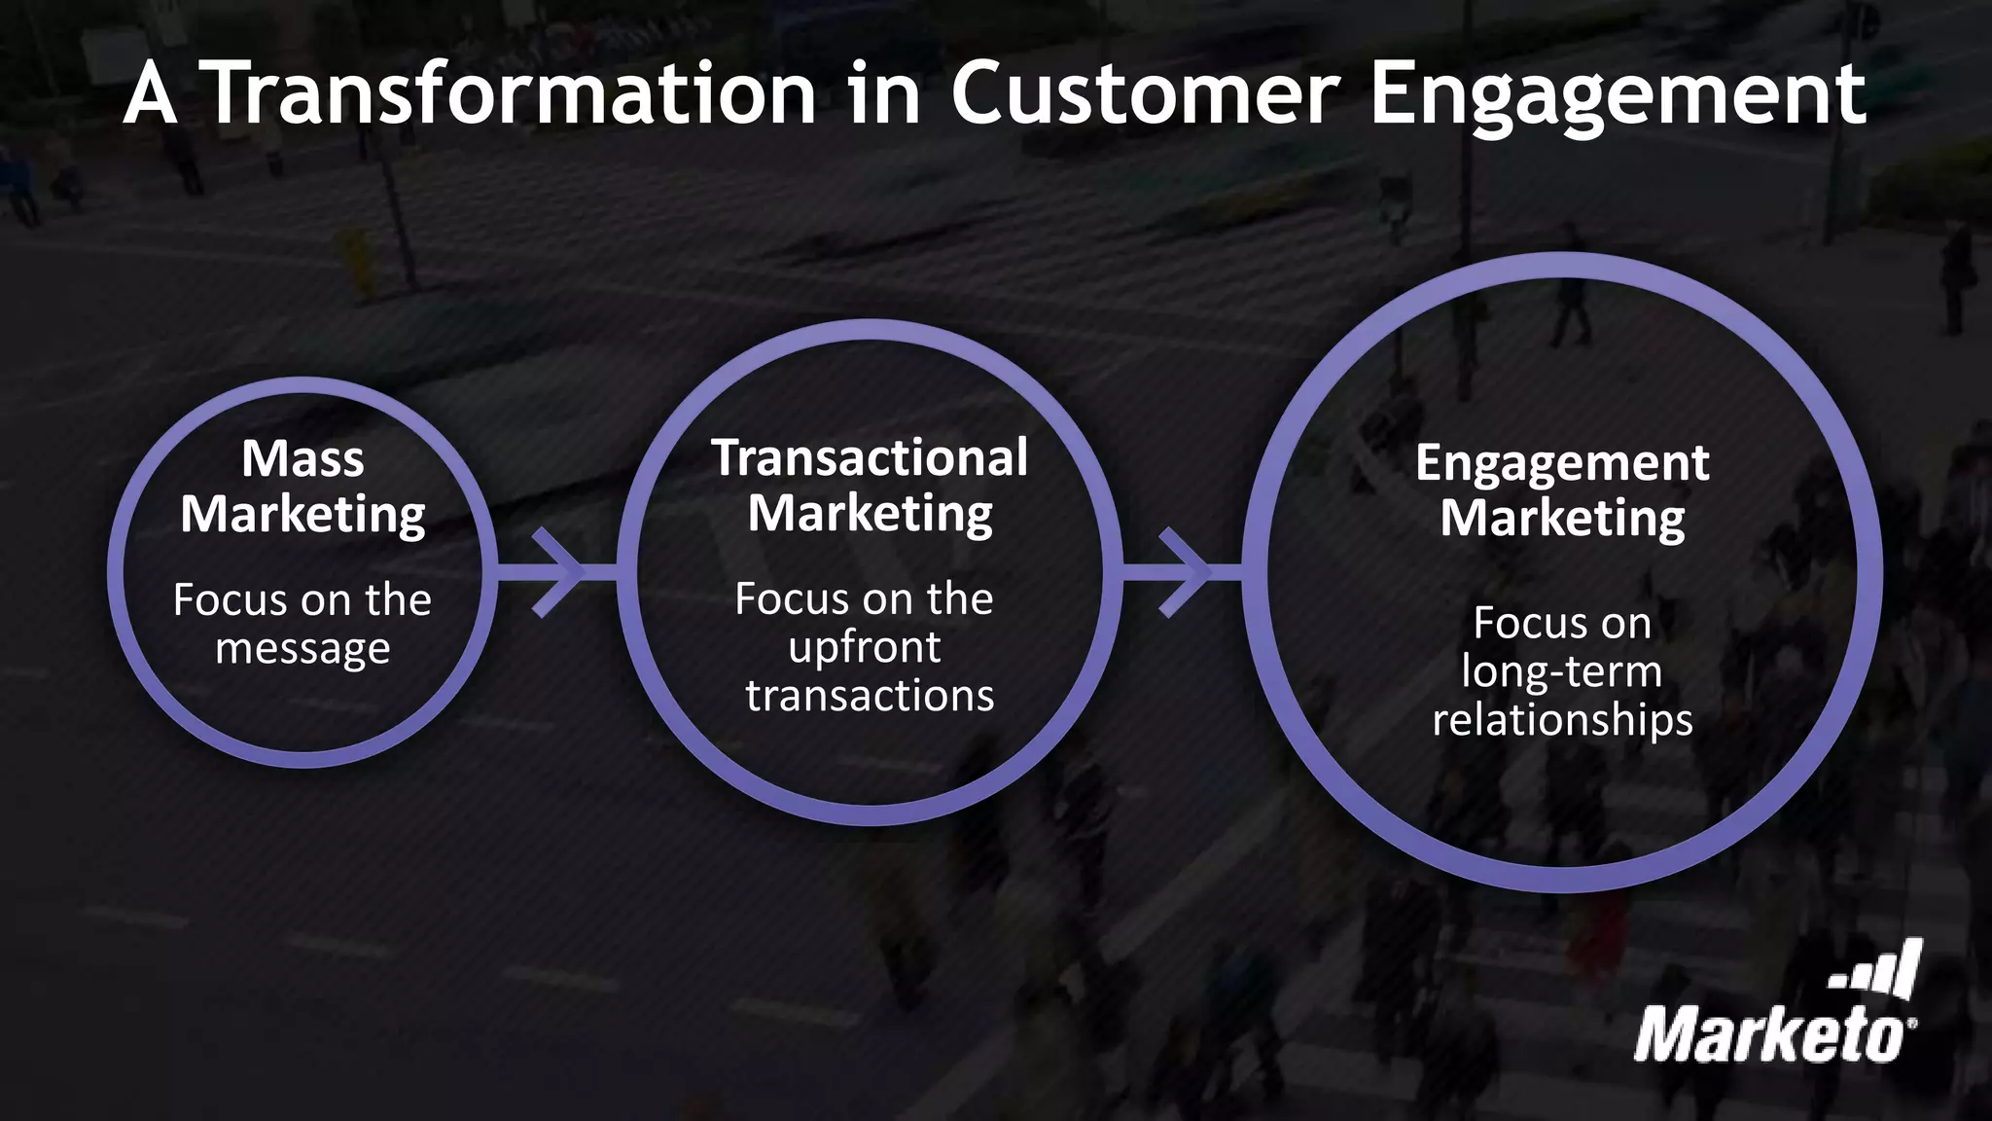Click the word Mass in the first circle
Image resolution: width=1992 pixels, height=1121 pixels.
click(302, 458)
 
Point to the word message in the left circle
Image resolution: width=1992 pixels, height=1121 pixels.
click(302, 649)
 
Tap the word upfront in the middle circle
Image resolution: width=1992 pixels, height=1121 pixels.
click(865, 648)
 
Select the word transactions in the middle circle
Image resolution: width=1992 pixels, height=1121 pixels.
click(870, 696)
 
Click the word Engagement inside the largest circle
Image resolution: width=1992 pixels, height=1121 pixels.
click(1562, 464)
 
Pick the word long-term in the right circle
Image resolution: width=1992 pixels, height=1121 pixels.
click(1561, 671)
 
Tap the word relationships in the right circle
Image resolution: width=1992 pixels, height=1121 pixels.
click(1562, 720)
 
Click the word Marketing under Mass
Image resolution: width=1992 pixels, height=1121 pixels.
click(302, 515)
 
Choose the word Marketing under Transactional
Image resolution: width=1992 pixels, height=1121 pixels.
click(870, 514)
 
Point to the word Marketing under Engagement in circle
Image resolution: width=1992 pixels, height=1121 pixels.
click(1562, 519)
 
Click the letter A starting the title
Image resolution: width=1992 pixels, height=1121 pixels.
click(151, 94)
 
